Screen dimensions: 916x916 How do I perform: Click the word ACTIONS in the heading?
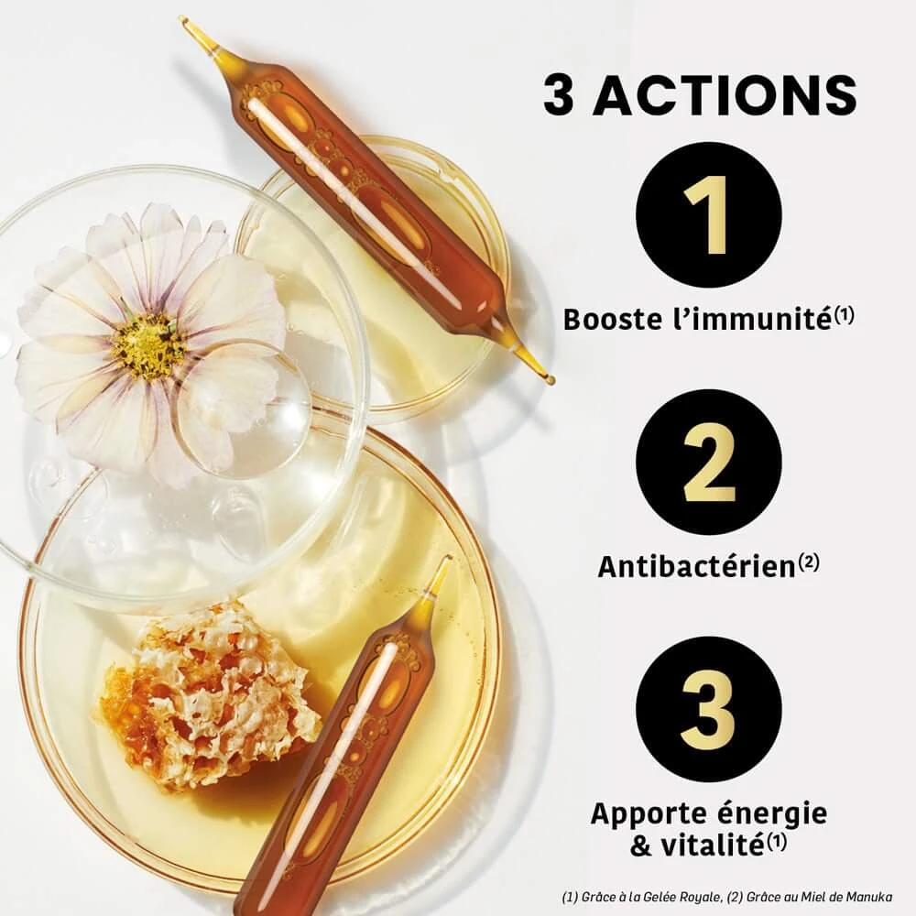725,94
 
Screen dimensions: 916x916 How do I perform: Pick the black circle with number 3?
708,709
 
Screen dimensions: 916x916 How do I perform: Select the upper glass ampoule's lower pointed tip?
551,380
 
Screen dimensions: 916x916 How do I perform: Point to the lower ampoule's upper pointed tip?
450,560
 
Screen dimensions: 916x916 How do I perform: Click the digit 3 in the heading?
559,94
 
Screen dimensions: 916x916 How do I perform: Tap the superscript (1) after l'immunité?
844,315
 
